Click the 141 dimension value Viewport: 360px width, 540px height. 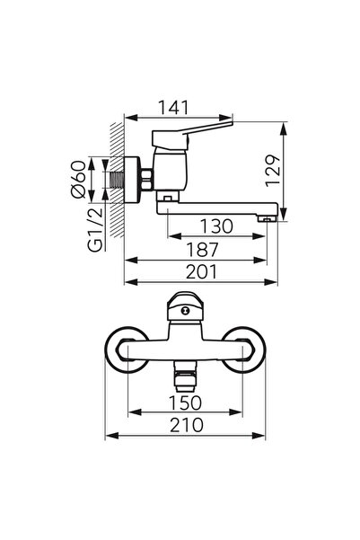pyautogui.click(x=178, y=108)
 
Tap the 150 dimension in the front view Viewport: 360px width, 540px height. pyautogui.click(x=188, y=403)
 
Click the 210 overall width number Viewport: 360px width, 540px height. pyautogui.click(x=188, y=425)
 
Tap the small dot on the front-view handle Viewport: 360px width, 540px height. pyautogui.click(x=189, y=310)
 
